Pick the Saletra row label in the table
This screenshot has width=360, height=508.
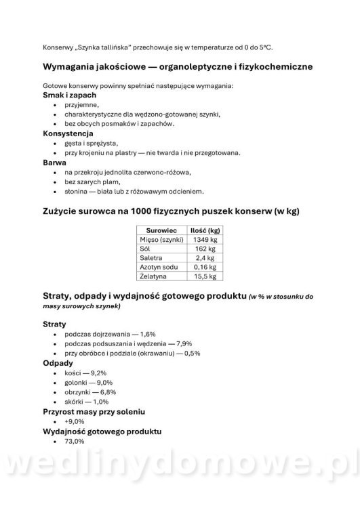151,258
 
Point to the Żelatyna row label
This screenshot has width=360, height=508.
153,276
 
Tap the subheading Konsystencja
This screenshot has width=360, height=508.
63,133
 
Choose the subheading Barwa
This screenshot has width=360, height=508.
54,163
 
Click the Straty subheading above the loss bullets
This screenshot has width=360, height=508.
54,324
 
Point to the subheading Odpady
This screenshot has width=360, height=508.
58,363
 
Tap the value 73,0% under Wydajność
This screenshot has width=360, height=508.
75,441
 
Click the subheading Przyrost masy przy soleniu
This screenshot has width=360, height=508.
94,412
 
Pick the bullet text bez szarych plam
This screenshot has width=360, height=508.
93,182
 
